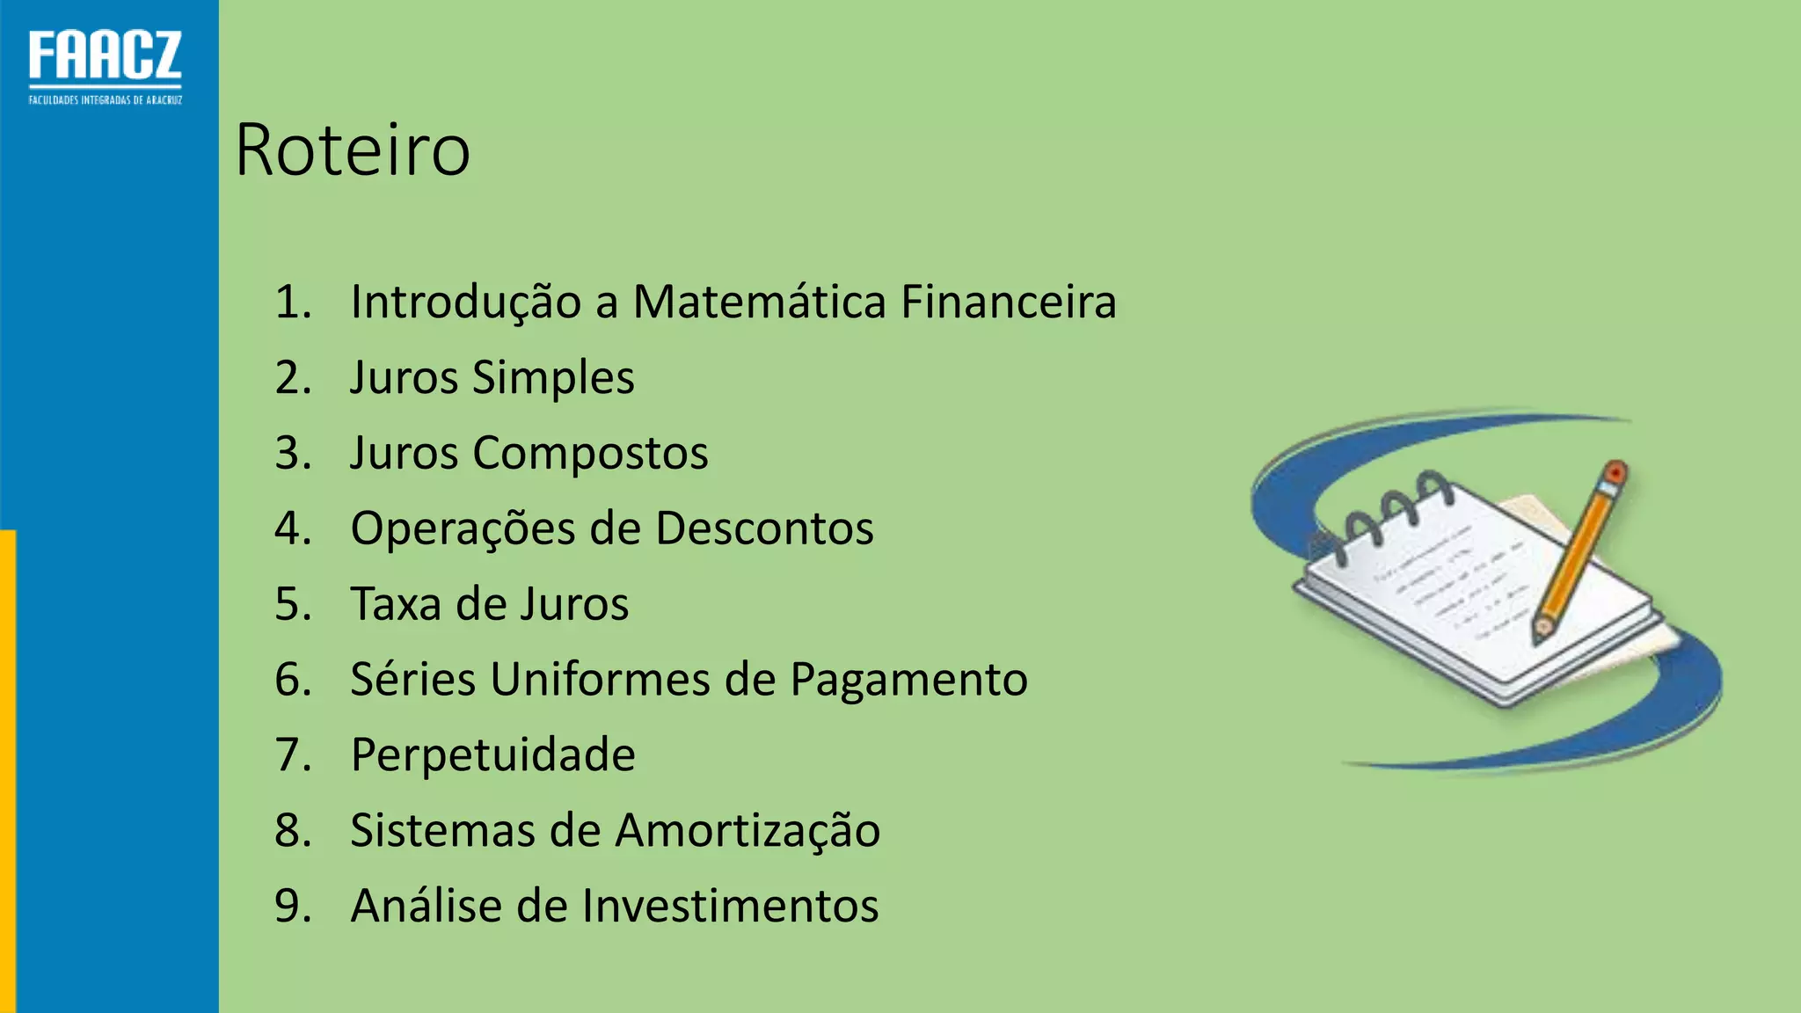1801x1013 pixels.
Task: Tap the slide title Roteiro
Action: (x=353, y=150)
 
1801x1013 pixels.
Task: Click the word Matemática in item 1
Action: (x=759, y=302)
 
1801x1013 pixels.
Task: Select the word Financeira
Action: (x=1008, y=302)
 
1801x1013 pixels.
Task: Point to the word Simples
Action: (x=553, y=379)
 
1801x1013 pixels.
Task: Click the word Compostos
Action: (x=590, y=454)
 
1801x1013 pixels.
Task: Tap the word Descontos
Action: (x=764, y=529)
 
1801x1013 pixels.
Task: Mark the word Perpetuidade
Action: (x=492, y=755)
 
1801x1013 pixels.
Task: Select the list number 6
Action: (x=292, y=680)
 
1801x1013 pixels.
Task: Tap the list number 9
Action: (x=292, y=906)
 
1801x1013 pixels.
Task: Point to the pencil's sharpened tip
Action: (x=1541, y=631)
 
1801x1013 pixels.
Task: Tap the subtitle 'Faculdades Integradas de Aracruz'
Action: (x=106, y=100)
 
